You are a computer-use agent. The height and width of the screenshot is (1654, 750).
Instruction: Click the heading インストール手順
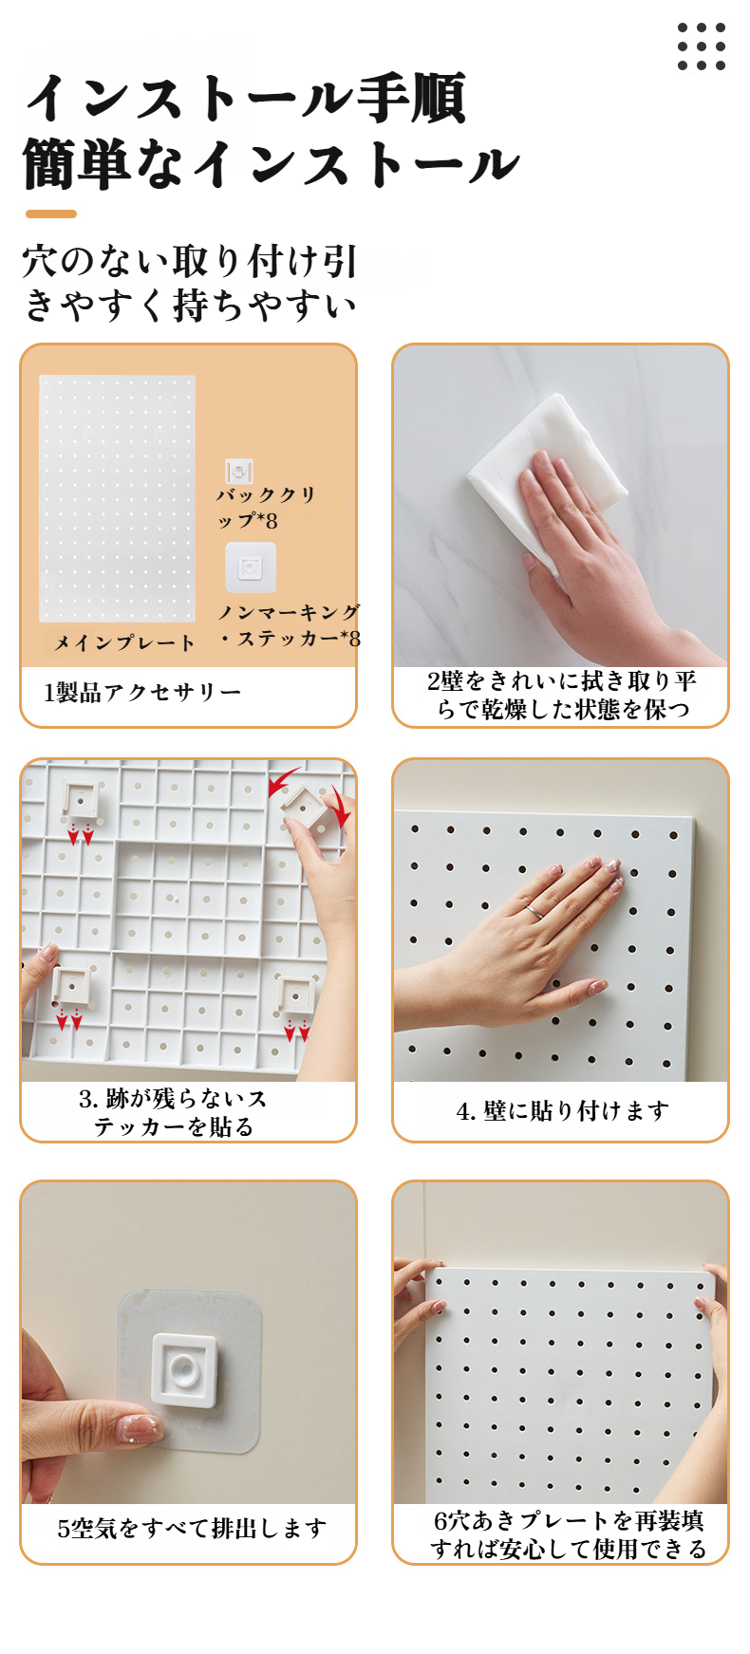point(247,99)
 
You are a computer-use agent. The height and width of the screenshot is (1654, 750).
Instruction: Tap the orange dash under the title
point(51,214)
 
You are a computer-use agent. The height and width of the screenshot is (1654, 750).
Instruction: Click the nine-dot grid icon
point(702,46)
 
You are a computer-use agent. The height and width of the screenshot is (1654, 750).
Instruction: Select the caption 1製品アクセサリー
point(142,692)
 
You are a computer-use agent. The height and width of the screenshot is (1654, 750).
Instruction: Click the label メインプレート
point(124,642)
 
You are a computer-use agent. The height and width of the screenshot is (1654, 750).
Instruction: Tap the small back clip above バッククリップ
point(239,472)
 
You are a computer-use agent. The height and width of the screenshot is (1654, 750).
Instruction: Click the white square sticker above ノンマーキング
point(251,567)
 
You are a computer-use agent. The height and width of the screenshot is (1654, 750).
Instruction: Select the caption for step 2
point(562,695)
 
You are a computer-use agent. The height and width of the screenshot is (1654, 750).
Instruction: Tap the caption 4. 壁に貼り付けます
point(563,1110)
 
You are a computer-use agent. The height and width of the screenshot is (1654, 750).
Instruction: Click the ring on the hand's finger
point(535,911)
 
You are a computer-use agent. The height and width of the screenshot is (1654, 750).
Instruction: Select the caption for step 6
point(569,1534)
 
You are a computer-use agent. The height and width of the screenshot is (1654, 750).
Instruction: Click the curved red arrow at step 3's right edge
point(340,807)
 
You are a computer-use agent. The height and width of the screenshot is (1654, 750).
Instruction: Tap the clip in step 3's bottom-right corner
point(295,996)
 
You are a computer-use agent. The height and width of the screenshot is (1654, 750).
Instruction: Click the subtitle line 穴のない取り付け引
point(190,261)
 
